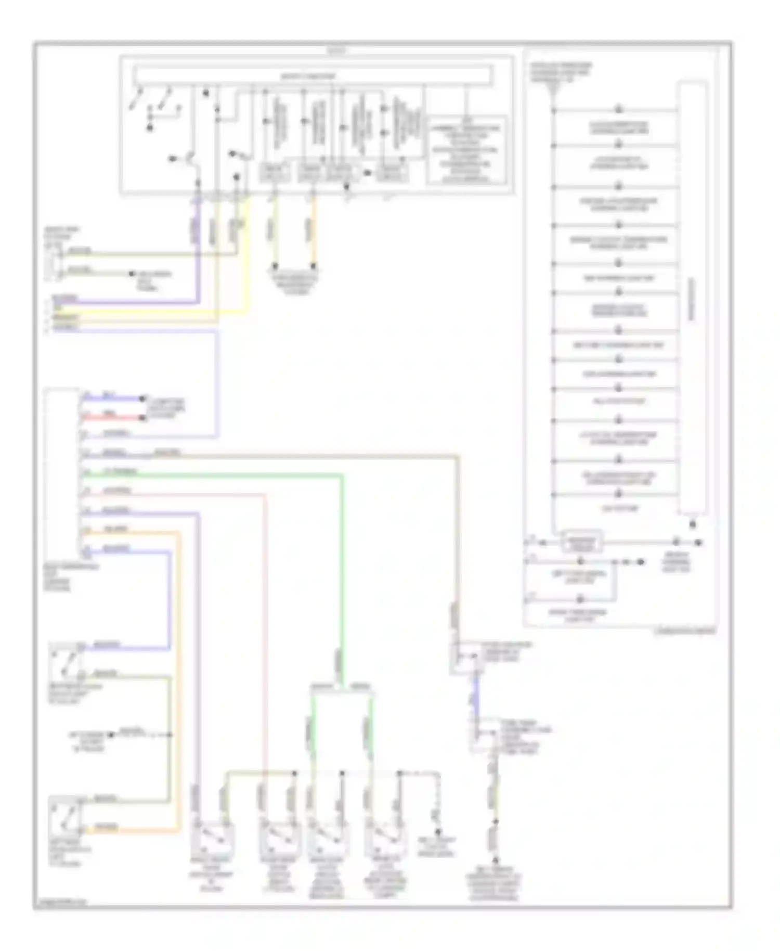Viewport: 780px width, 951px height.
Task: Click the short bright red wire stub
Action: [112, 418]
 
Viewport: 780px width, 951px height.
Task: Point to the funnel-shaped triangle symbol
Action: [552, 93]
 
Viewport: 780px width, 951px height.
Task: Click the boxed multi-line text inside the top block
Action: [465, 151]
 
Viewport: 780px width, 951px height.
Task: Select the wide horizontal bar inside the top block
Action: [312, 76]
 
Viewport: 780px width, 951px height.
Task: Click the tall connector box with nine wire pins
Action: [61, 473]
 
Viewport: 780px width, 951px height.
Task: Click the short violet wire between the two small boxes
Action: [476, 697]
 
